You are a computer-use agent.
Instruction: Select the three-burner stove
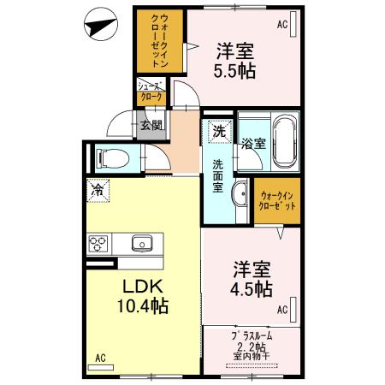(x=98, y=243)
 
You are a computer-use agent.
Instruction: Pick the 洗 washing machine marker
(x=219, y=132)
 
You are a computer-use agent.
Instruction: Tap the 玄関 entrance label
(x=151, y=127)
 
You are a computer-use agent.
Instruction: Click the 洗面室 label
(x=218, y=175)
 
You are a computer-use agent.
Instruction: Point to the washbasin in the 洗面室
(x=239, y=192)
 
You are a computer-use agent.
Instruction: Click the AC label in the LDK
(x=100, y=357)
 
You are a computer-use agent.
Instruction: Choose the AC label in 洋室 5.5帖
(x=281, y=25)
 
